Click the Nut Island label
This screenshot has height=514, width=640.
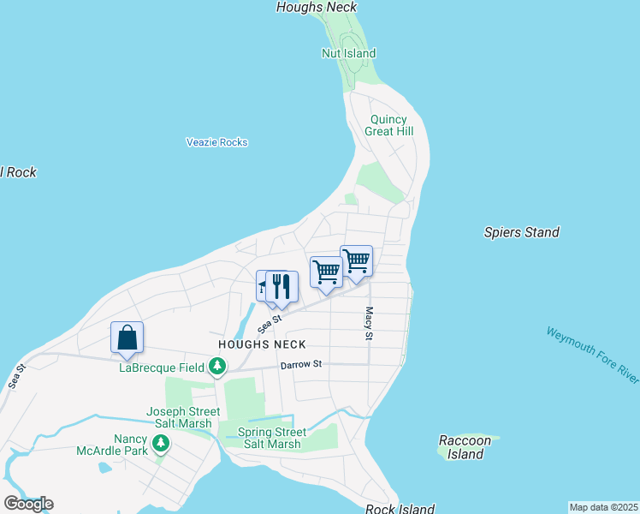click(x=348, y=53)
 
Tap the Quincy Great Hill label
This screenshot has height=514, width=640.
click(x=388, y=125)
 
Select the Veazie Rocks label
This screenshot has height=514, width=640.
click(x=217, y=142)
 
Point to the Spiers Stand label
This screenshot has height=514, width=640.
click(x=521, y=232)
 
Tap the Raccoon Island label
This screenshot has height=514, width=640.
click(x=465, y=447)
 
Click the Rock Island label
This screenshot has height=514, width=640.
click(x=400, y=509)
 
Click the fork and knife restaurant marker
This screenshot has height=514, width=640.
click(x=281, y=286)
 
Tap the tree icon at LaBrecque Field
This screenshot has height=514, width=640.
click(x=218, y=368)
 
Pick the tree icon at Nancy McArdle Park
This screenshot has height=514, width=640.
click(x=161, y=444)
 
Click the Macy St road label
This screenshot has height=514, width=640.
click(x=370, y=323)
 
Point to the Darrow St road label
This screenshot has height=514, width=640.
click(x=300, y=364)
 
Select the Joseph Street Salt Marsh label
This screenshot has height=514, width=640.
click(x=183, y=417)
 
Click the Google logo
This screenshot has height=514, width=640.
click(x=28, y=504)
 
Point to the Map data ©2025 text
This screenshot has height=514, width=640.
click(x=603, y=507)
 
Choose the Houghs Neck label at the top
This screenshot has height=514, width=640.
click(x=317, y=7)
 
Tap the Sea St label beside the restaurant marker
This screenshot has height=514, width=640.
click(x=270, y=323)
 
